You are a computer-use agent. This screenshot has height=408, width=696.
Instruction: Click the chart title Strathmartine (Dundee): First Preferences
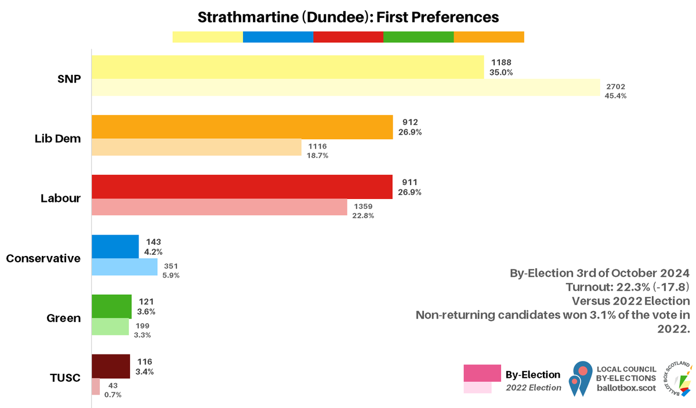tap(348, 17)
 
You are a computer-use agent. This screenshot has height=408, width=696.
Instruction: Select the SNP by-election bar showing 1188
tap(288, 67)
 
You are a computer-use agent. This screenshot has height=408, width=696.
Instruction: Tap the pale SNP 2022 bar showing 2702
tap(346, 88)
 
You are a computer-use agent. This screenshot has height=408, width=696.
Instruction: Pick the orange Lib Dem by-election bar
tap(242, 127)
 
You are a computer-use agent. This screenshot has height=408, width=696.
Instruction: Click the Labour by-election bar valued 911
tap(242, 187)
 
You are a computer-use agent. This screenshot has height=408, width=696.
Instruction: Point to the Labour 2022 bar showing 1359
tap(219, 207)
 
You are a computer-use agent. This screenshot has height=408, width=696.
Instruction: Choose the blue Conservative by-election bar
tap(115, 247)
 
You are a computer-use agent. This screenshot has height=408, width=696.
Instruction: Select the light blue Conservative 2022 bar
tap(125, 267)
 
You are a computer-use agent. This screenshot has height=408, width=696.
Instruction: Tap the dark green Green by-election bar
tap(112, 306)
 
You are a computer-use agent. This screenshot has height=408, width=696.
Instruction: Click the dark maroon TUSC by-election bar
tap(111, 366)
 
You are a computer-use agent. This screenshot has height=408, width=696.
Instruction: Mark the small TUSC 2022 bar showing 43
tap(96, 387)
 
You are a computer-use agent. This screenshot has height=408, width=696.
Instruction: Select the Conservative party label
tap(43, 258)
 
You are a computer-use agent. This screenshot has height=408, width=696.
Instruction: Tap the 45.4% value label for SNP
tap(616, 96)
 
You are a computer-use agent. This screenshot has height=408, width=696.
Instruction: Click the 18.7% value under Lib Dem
tap(318, 156)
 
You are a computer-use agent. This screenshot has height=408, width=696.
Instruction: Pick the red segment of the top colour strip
tap(348, 37)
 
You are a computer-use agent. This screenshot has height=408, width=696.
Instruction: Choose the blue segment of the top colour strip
tap(278, 37)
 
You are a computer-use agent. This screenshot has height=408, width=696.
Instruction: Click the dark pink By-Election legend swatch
tap(482, 373)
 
